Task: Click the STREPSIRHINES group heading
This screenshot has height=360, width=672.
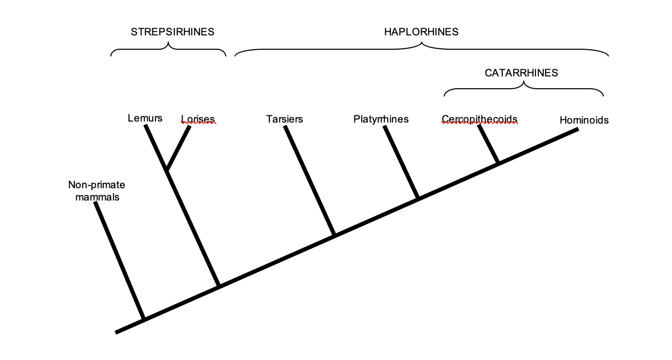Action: [172, 32]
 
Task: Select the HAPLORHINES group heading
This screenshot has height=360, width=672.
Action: [421, 32]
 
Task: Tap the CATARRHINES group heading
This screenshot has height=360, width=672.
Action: [521, 73]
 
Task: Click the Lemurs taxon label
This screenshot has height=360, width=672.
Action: [145, 118]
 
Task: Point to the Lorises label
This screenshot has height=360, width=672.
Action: [198, 119]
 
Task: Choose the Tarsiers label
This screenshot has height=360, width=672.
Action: [285, 119]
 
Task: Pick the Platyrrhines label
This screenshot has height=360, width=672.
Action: [381, 119]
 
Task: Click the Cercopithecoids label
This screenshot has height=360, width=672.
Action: [480, 119]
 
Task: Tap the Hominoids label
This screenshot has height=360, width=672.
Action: [584, 121]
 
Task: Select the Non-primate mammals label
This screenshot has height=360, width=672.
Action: [97, 190]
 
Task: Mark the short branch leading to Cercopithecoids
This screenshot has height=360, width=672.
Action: [489, 144]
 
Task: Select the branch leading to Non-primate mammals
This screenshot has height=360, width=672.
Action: [120, 261]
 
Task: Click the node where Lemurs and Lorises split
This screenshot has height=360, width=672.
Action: [167, 170]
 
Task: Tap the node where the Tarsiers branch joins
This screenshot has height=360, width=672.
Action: [334, 235]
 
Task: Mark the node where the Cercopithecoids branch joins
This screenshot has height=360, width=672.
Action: [498, 163]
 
